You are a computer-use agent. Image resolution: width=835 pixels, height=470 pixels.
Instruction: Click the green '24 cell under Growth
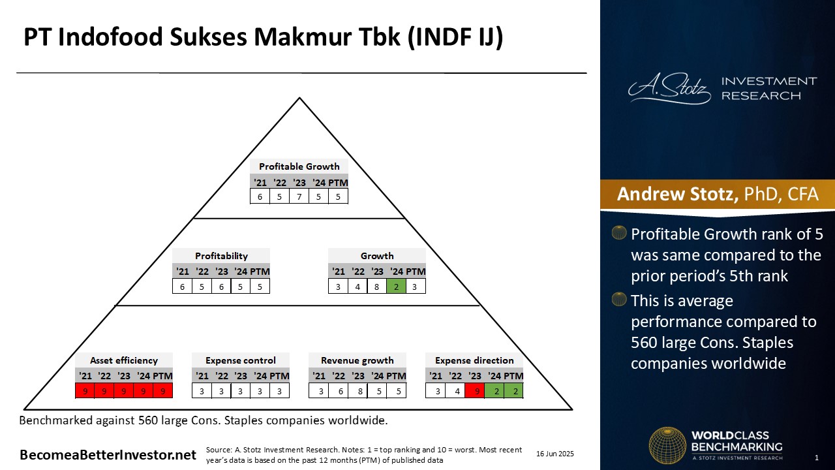click(x=396, y=287)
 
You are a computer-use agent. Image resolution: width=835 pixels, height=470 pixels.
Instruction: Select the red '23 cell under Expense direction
click(x=474, y=391)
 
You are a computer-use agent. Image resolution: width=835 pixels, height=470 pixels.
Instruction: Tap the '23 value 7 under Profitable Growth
click(x=299, y=196)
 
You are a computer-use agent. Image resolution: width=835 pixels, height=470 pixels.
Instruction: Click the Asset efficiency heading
click(x=124, y=360)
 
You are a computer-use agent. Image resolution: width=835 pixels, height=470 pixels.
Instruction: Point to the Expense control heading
click(x=241, y=360)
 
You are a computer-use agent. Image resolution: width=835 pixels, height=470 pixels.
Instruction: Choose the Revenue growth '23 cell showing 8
click(x=359, y=391)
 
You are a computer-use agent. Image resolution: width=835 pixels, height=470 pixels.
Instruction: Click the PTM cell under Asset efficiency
click(x=163, y=391)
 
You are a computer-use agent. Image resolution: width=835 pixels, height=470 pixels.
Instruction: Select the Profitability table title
click(x=221, y=256)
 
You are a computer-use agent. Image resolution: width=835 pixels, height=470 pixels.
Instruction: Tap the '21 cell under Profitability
click(x=182, y=287)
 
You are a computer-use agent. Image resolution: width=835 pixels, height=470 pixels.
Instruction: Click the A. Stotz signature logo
click(x=669, y=89)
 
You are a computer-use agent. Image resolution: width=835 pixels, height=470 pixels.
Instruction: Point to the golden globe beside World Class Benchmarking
click(x=667, y=446)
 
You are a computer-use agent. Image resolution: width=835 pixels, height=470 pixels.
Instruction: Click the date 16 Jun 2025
click(x=555, y=454)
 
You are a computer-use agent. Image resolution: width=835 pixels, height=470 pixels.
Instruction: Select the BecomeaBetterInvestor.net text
click(x=108, y=455)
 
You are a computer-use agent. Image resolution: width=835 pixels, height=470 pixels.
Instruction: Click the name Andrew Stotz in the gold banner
click(x=678, y=194)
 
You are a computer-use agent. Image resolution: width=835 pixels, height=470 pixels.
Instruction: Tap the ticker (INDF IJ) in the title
click(x=455, y=37)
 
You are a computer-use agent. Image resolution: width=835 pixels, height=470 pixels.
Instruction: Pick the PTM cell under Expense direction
click(x=513, y=391)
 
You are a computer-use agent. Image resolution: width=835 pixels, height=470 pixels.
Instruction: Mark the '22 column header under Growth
click(x=358, y=271)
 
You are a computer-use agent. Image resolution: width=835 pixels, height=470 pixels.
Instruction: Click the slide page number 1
click(x=817, y=458)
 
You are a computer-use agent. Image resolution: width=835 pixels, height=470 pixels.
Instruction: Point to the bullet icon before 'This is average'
click(x=619, y=299)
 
